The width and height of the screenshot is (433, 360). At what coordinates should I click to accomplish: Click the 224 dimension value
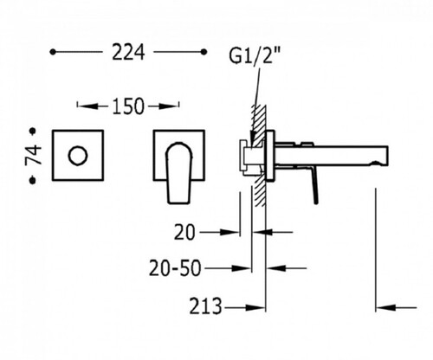tap(128, 53)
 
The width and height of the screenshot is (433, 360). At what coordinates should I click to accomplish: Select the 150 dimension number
tap(127, 106)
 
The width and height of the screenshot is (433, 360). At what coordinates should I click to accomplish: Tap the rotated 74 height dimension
tap(34, 155)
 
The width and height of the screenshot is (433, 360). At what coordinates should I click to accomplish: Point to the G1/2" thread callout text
tap(255, 56)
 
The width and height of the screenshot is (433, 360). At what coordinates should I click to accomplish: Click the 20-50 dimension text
tap(175, 268)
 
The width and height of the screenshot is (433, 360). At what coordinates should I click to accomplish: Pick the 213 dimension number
tap(206, 306)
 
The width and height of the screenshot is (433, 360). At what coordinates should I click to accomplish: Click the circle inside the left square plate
tap(77, 156)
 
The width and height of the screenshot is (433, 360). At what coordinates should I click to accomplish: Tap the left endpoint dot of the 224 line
tap(53, 52)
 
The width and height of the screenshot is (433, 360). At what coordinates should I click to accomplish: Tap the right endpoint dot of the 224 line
tap(204, 52)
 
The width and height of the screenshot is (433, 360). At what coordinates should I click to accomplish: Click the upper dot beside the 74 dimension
tap(33, 132)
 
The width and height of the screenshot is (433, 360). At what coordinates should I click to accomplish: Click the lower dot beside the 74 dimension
tap(33, 180)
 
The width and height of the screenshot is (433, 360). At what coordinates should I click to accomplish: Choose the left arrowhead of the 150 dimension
tap(87, 106)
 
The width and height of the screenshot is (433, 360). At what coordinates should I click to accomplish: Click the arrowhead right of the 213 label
tap(255, 308)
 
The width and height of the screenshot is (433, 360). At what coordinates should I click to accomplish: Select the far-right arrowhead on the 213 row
tap(385, 308)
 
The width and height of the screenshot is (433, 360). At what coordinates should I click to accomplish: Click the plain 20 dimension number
tap(184, 233)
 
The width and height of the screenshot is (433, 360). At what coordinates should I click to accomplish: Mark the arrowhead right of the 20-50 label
tap(241, 268)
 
